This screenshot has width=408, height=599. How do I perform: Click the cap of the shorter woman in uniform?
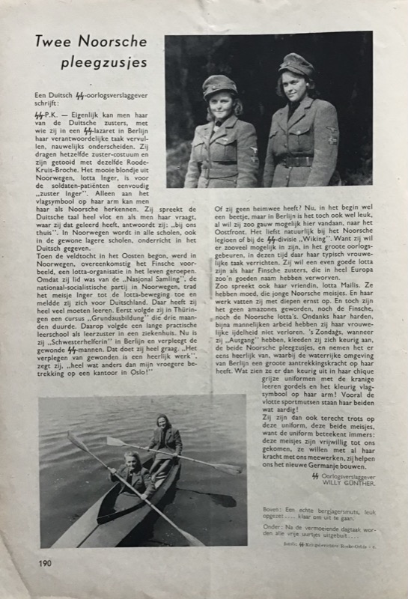click(x=219, y=83)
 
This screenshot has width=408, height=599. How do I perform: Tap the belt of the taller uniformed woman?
click(x=296, y=160)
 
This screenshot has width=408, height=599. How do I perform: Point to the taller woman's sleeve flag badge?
click(x=332, y=135)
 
